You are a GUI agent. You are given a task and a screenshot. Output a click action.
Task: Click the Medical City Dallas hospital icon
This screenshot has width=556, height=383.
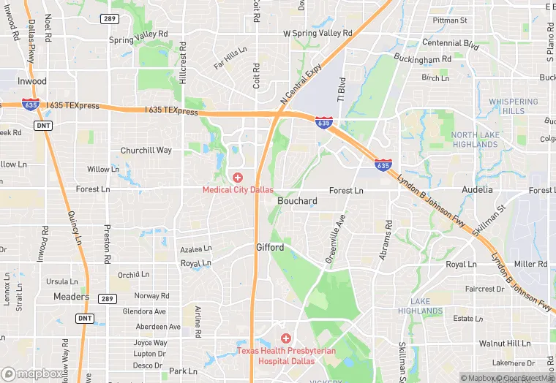(238, 178)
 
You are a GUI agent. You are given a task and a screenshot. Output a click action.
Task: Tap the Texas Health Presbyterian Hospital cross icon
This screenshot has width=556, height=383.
(286, 338)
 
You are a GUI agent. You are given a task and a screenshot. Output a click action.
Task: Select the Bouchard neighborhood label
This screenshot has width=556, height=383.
(297, 201)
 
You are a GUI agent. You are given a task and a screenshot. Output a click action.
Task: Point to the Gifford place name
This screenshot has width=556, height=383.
(270, 248)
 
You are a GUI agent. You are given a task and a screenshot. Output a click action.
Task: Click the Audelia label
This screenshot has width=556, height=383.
(477, 189)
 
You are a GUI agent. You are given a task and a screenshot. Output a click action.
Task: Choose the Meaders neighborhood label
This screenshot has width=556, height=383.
(72, 297)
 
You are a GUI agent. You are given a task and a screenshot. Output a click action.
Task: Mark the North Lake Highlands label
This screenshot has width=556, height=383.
(475, 140)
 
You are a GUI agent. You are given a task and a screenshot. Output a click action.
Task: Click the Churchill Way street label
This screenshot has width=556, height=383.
(146, 151)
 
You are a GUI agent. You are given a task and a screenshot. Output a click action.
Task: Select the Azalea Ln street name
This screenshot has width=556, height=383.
(196, 249)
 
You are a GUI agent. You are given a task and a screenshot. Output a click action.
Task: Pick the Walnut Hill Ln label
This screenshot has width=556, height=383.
(504, 343)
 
